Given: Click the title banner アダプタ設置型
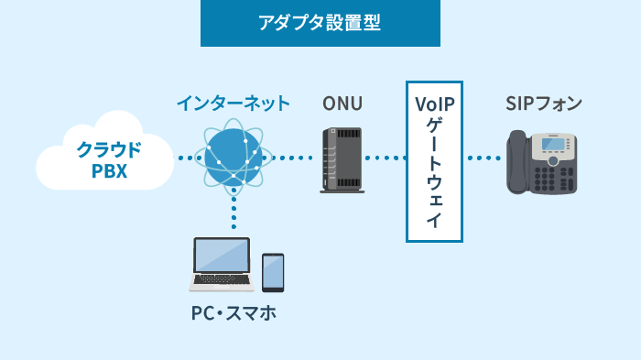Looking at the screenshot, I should click(x=320, y=24).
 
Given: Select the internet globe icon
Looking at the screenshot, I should click(x=233, y=158).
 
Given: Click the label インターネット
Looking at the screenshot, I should click(x=233, y=103).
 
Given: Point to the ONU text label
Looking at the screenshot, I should click(x=341, y=103).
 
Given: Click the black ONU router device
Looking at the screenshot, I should click(x=342, y=160).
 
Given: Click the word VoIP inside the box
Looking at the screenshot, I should click(x=434, y=103).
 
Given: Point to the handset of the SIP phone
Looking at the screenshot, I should click(x=517, y=162).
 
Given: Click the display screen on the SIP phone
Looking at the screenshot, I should click(x=552, y=144).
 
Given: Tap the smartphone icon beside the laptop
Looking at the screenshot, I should click(x=273, y=272).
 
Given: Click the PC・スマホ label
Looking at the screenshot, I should click(x=234, y=314).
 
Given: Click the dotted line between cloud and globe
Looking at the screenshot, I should click(x=188, y=158).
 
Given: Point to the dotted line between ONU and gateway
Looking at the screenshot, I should click(x=386, y=158).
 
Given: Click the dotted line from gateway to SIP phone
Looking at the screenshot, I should click(x=483, y=158).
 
